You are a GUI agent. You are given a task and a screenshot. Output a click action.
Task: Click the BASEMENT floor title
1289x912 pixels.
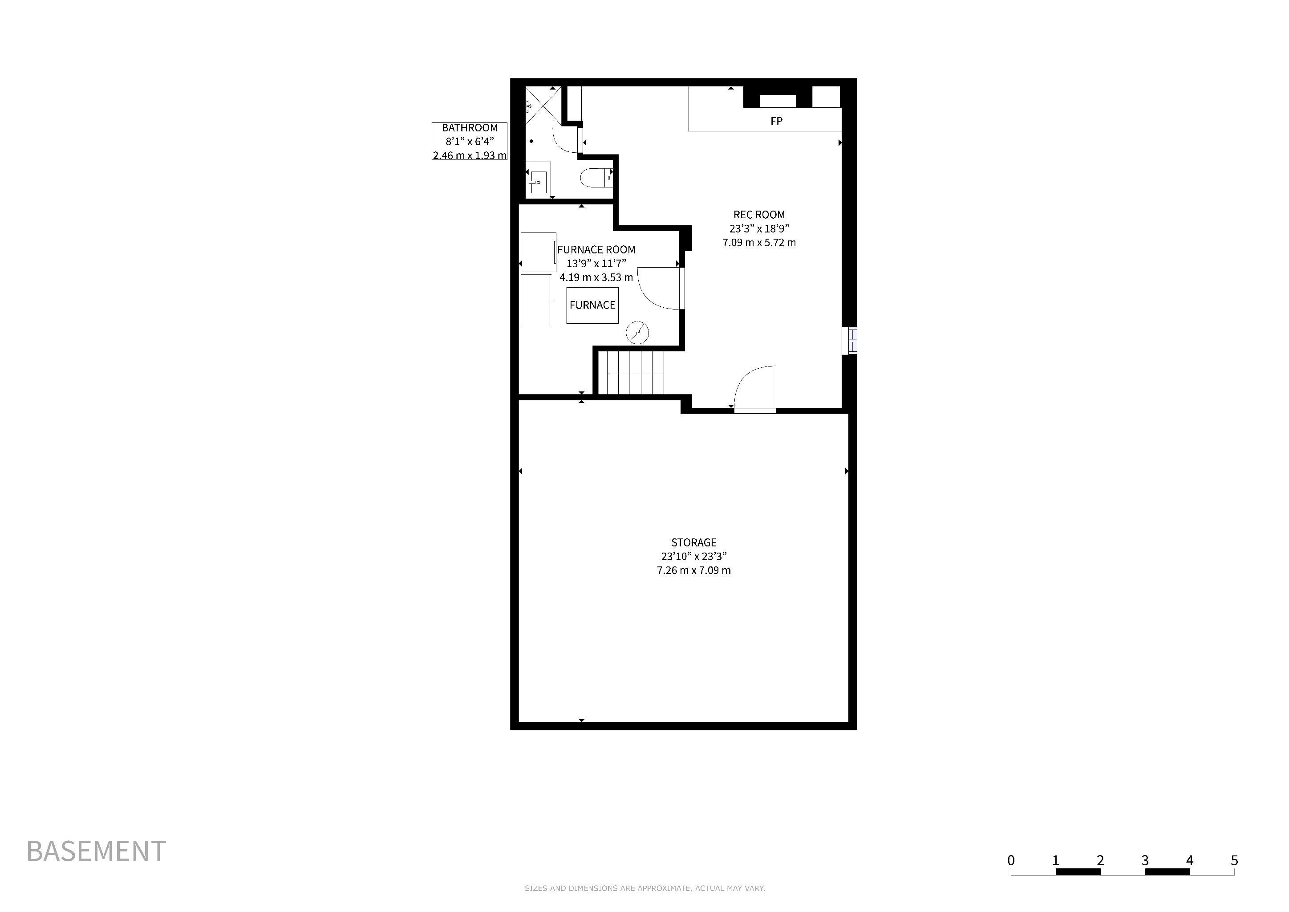click(96, 851)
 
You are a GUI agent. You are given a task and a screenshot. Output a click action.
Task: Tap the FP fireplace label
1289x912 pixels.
click(776, 121)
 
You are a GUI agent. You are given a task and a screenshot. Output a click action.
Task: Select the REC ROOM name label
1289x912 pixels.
click(759, 215)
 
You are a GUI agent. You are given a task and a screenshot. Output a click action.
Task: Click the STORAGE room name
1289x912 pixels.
click(694, 542)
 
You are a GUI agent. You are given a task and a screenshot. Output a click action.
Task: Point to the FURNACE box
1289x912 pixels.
click(592, 305)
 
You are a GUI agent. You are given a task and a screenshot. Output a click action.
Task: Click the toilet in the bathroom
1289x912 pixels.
click(596, 178)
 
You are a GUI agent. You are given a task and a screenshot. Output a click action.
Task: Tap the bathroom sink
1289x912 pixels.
click(538, 178)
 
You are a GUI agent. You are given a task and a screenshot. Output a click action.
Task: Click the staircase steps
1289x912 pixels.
click(630, 372)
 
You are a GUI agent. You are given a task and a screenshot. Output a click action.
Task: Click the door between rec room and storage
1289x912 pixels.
click(755, 389)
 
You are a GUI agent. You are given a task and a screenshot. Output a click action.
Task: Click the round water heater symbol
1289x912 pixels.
click(637, 333)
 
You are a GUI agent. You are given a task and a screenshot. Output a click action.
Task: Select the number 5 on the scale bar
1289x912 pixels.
click(1234, 860)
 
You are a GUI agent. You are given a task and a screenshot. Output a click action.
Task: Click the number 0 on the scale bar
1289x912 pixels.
click(1011, 860)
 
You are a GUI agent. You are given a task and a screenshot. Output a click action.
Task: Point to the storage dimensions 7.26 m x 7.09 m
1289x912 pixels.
click(694, 570)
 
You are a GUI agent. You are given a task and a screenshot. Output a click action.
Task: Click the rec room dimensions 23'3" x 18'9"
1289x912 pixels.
click(759, 228)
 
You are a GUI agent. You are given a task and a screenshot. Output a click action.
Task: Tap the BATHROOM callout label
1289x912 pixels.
click(469, 142)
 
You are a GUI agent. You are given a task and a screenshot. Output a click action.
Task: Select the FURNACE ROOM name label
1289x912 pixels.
click(596, 250)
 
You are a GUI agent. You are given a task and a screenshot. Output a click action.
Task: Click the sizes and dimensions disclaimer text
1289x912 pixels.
click(644, 888)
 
